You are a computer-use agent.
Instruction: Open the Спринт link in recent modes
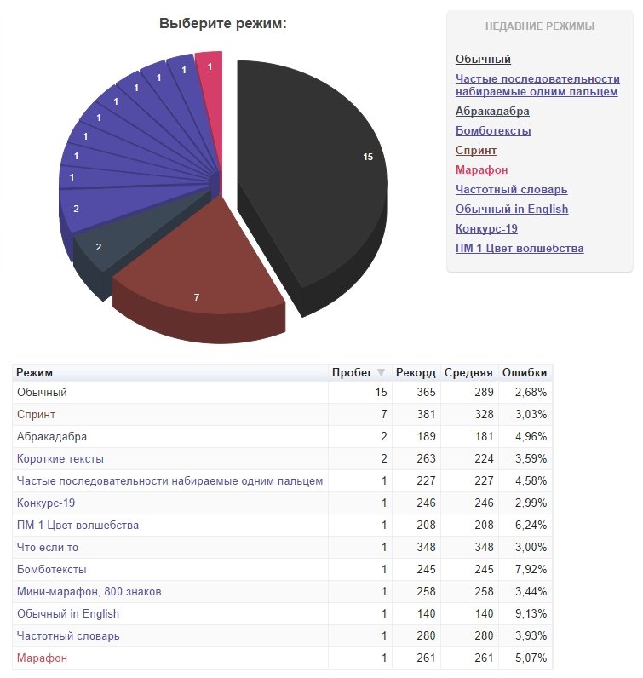coord(476,150)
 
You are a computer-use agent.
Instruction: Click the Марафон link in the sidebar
coord(481,169)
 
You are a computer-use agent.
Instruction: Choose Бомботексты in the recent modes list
coord(493,130)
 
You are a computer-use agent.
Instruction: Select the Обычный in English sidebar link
coord(512,209)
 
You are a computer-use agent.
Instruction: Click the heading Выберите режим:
coord(223,24)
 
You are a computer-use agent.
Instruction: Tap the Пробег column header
coord(351,373)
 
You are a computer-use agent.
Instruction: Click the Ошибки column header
coord(524,373)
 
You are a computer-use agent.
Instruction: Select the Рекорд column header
coord(416,373)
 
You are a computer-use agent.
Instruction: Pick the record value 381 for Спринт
coord(426,414)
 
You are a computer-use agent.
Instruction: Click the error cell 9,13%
coord(530,613)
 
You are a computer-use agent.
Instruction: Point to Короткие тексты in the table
coord(60,458)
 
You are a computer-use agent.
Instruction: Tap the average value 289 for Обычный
coord(482,392)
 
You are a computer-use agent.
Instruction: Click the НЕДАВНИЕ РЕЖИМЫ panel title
coord(540,26)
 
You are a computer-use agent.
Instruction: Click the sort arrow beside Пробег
coord(381,373)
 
